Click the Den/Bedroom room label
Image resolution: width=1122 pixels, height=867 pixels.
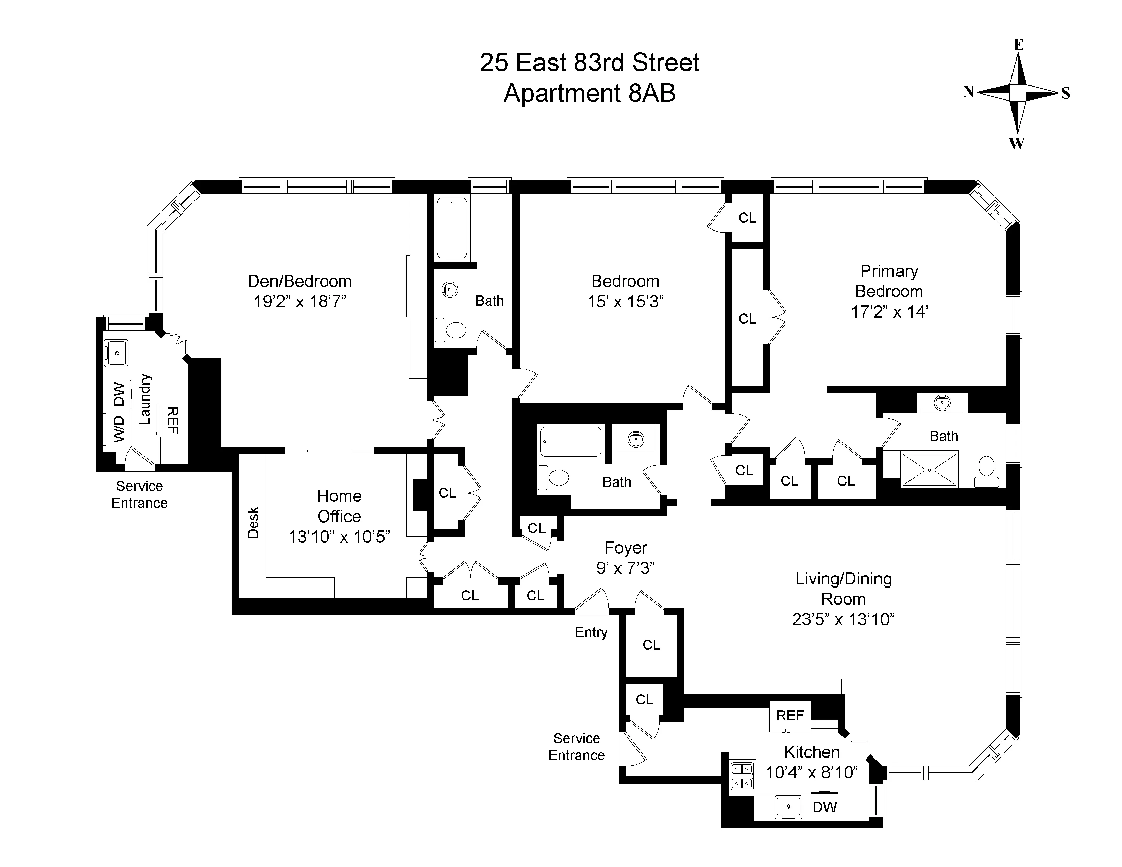pos(300,282)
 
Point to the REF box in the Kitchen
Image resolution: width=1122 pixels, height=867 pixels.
pos(789,715)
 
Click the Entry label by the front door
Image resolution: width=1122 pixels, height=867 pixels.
pos(591,632)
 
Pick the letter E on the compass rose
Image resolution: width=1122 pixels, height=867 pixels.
pos(1018,45)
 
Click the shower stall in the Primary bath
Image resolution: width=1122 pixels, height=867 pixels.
pos(929,469)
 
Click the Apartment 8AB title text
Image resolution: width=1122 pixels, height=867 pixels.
pos(589,93)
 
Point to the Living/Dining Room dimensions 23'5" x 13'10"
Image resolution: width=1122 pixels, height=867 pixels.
pos(843,619)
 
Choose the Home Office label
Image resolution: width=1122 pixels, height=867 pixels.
pos(339,506)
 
